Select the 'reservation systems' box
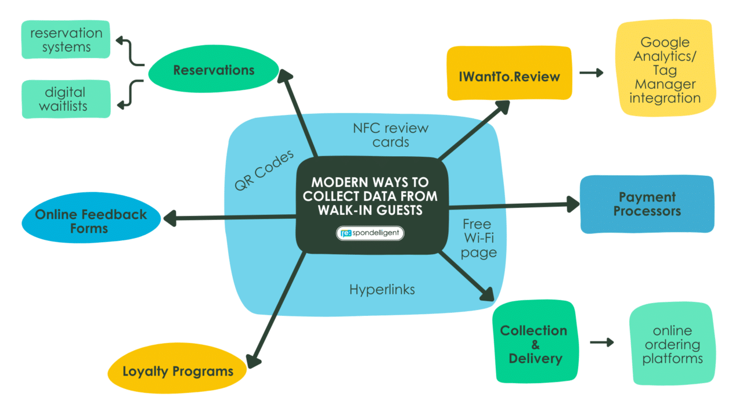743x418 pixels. point(66,40)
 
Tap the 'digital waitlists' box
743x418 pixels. point(66,99)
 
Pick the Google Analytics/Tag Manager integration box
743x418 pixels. point(665,70)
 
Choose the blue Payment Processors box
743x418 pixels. point(647,204)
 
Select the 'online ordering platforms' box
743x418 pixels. point(672,344)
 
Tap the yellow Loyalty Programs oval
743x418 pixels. point(178,372)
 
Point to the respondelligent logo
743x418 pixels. point(370,233)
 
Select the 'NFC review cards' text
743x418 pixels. point(390,135)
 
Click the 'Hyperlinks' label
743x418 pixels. point(382,289)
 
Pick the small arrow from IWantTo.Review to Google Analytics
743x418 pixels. point(591,73)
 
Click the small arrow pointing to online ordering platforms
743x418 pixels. point(602,342)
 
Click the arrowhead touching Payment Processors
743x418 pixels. point(572,203)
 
